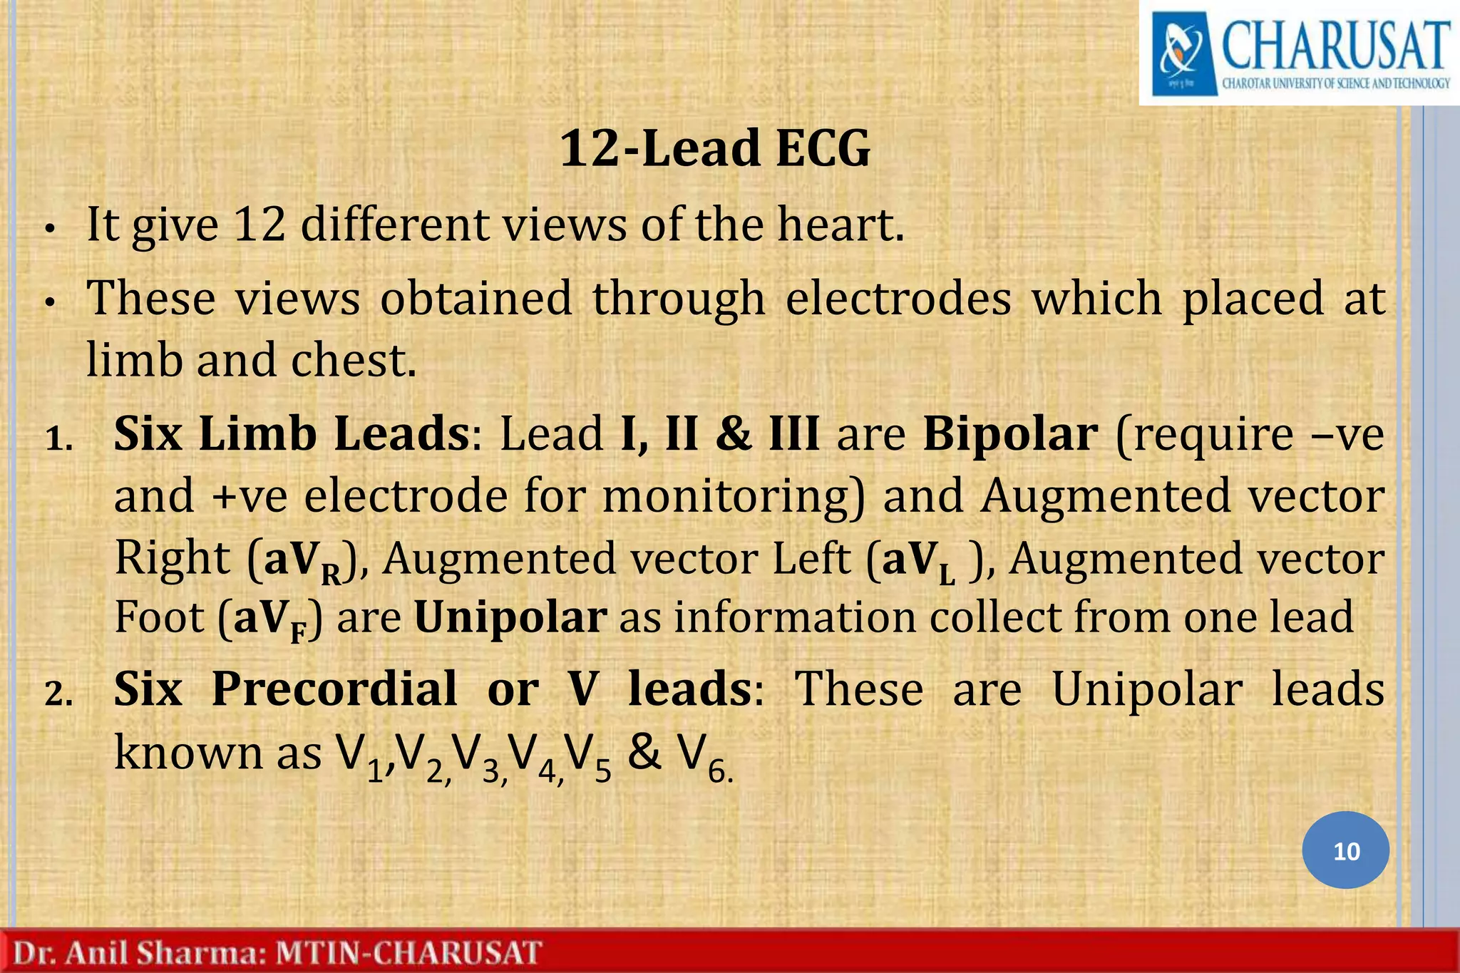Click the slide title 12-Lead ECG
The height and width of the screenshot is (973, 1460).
point(715,149)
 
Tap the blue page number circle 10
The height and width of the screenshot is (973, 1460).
point(1346,850)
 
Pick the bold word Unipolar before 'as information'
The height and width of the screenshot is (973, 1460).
point(510,617)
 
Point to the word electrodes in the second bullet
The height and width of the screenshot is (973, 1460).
point(898,298)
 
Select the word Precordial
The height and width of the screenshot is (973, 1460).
point(334,689)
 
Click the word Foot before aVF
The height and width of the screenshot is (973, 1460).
point(159,617)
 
